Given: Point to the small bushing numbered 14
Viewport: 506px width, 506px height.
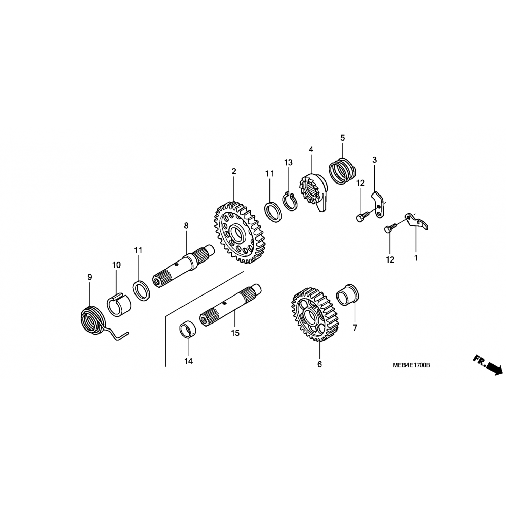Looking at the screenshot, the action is (188, 330).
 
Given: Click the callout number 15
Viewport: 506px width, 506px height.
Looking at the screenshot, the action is (235, 333).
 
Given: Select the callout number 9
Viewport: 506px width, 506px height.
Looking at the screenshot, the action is (89, 277).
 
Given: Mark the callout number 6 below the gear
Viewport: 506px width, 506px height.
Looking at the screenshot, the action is (319, 364).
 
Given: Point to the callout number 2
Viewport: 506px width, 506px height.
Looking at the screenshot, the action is (234, 171).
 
